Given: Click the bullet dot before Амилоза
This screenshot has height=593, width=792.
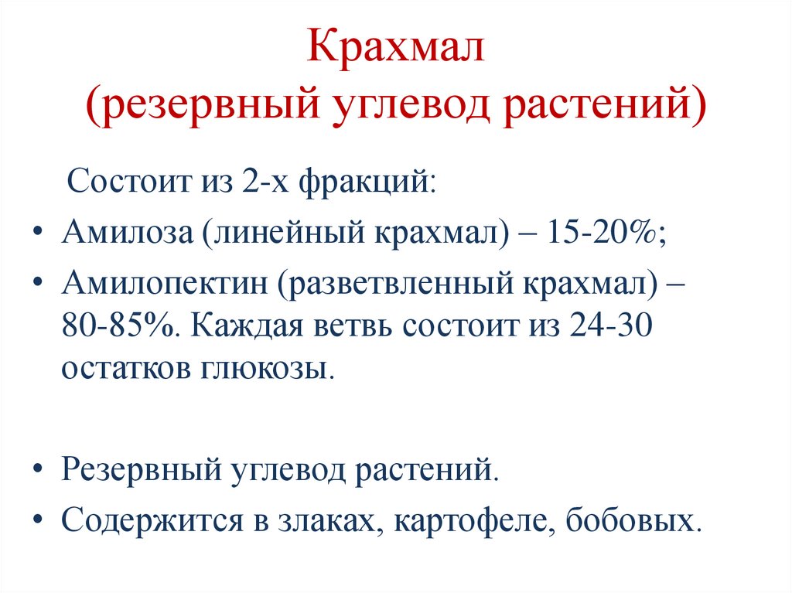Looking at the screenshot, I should click(x=39, y=233).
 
